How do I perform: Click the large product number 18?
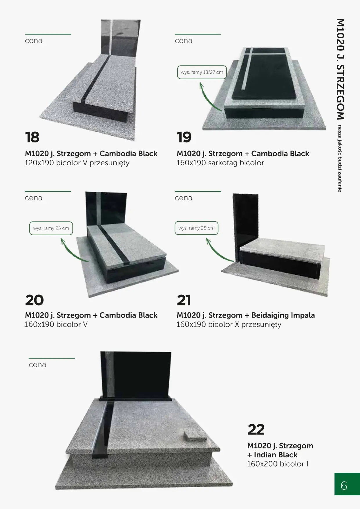coord(32,137)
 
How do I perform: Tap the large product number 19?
coord(184,137)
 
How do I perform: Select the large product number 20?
coord(34,300)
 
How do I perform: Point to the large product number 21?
coord(184,300)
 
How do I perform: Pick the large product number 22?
coord(256,430)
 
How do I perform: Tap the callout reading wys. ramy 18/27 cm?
coord(202,72)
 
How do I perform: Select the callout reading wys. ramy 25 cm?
coord(51,228)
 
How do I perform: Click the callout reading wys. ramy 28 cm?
coord(196,228)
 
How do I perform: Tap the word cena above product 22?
coord(37,365)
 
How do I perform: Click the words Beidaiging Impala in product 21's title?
coord(283,315)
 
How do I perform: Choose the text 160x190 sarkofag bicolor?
coord(220,163)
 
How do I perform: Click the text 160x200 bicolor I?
coord(278,464)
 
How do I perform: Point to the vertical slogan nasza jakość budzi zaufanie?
coord(340,159)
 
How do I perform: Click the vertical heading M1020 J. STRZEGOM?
coord(341,69)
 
